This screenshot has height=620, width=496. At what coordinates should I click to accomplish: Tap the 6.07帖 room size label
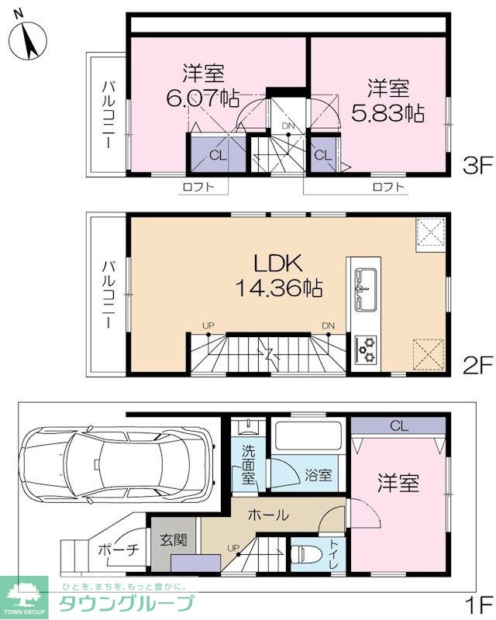[202, 98]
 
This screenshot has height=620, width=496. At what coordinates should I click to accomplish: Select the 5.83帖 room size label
[388, 112]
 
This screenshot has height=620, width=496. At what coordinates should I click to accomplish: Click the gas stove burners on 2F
[367, 350]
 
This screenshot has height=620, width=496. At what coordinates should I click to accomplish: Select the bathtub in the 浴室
[308, 435]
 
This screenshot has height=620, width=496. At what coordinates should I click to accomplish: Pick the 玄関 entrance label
[174, 539]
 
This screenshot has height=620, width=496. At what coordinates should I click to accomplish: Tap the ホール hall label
[269, 515]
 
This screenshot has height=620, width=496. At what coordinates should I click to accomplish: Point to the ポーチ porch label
[119, 549]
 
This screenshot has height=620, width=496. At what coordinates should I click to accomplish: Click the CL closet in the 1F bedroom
[398, 425]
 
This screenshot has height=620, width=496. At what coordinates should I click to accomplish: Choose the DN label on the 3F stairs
[288, 126]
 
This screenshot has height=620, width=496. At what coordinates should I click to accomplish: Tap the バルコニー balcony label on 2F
[108, 294]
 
